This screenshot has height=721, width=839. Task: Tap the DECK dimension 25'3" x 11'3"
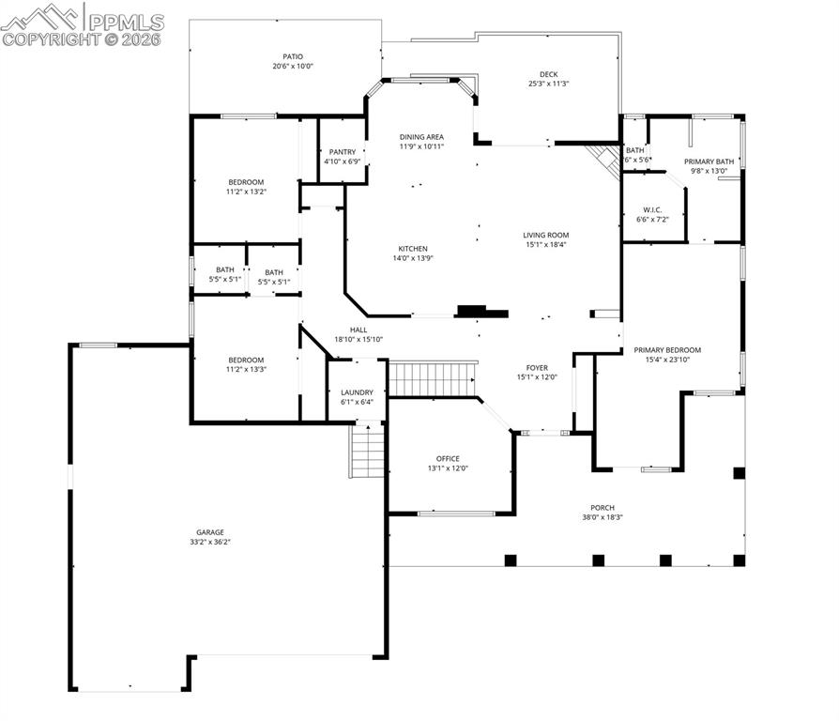[549, 84]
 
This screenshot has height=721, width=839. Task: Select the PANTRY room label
[342, 151]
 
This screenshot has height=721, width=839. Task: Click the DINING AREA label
[421, 136]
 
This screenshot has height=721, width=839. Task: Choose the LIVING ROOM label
[545, 235]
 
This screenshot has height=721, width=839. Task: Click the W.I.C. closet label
[654, 209]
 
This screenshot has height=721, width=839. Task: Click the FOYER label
[537, 368]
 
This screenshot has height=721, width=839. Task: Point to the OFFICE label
[448, 458]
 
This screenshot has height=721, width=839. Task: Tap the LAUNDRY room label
[357, 392]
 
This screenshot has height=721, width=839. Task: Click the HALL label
[358, 330]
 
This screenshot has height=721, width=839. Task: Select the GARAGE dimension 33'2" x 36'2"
[210, 542]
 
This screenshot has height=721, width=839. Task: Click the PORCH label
[603, 507]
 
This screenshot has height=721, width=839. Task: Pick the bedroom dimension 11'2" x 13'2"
[246, 192]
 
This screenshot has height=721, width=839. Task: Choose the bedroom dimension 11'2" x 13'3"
[246, 370]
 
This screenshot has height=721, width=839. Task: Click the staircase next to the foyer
[432, 379]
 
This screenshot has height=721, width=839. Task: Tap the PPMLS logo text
[127, 21]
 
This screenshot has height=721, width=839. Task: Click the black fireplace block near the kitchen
[481, 311]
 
